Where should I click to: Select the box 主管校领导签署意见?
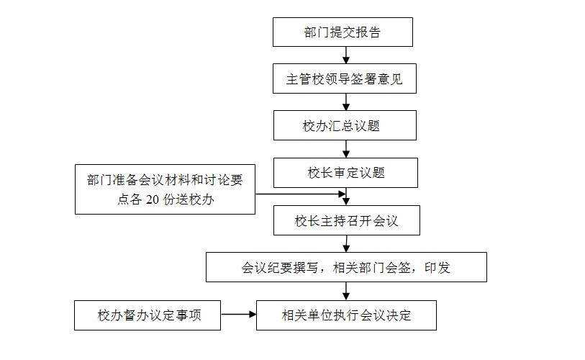pyautogui.click(x=345, y=79)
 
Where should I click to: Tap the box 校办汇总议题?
pyautogui.click(x=345, y=125)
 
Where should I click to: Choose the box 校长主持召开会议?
pyautogui.click(x=346, y=221)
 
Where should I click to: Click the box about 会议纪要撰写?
pyautogui.click(x=346, y=267)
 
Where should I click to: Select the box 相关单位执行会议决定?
pyautogui.click(x=346, y=315)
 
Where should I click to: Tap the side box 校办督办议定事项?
pyautogui.click(x=148, y=315)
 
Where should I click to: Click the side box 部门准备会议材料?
pyautogui.click(x=165, y=189)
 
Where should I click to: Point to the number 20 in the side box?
pyautogui.click(x=153, y=201)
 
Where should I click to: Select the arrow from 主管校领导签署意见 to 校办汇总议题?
pyautogui.click(x=346, y=102)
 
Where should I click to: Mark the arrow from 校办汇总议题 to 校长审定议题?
pyautogui.click(x=346, y=148)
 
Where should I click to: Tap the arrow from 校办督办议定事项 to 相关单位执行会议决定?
pyautogui.click(x=238, y=315)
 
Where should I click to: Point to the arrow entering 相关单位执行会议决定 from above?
pyautogui.click(x=346, y=291)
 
